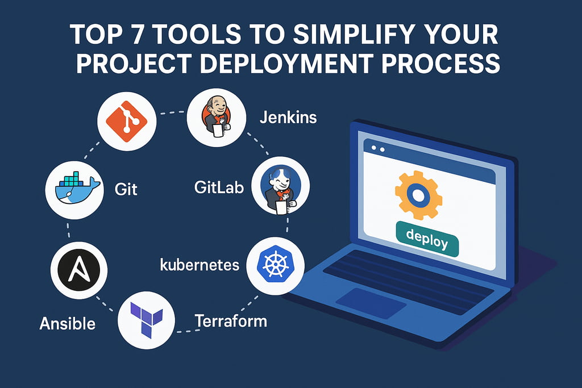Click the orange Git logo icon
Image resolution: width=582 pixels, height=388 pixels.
127,122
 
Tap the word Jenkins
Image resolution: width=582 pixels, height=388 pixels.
288,118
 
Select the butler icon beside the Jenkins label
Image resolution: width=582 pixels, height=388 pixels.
217,117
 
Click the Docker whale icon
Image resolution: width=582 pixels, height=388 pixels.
77,189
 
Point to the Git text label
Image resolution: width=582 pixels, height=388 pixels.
126,189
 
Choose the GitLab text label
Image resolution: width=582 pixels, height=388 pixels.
219,187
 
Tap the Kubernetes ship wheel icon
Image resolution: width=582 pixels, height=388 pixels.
275,265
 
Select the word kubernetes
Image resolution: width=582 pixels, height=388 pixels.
199,265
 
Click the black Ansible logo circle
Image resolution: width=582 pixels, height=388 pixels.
78,270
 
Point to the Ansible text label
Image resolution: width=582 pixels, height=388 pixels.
67,323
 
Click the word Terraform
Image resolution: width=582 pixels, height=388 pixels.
231,321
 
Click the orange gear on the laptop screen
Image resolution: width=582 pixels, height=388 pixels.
418,195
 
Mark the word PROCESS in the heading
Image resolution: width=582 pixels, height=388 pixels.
442,62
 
